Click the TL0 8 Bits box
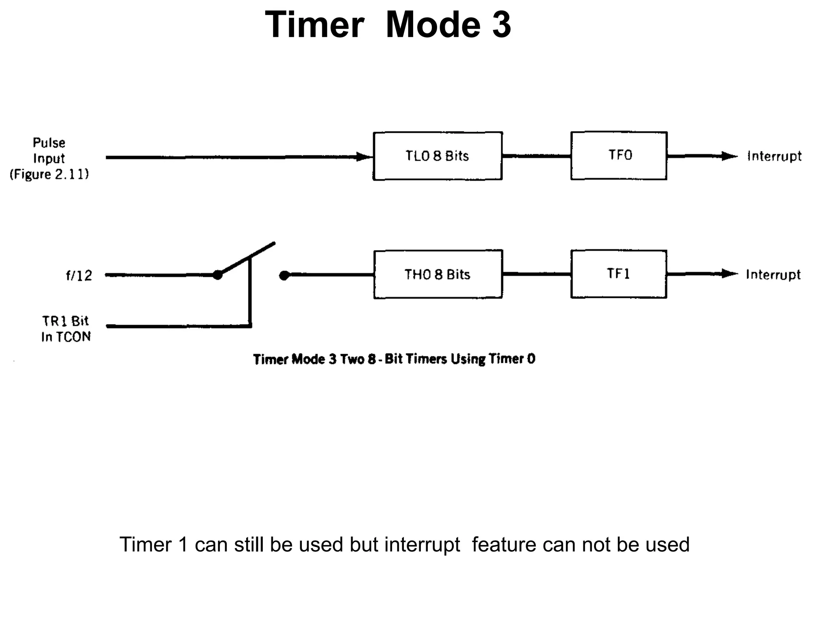438,156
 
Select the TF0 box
619,156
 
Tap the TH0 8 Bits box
438,274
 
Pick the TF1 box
618,274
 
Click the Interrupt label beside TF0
774,156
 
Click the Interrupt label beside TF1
773,275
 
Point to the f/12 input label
79,276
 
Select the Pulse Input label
49,150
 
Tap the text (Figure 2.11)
49,174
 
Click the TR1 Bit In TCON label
66,329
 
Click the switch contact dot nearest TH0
284,276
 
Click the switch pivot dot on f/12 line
218,275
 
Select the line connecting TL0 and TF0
536,156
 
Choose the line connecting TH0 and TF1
536,274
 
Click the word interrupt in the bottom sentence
422,545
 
